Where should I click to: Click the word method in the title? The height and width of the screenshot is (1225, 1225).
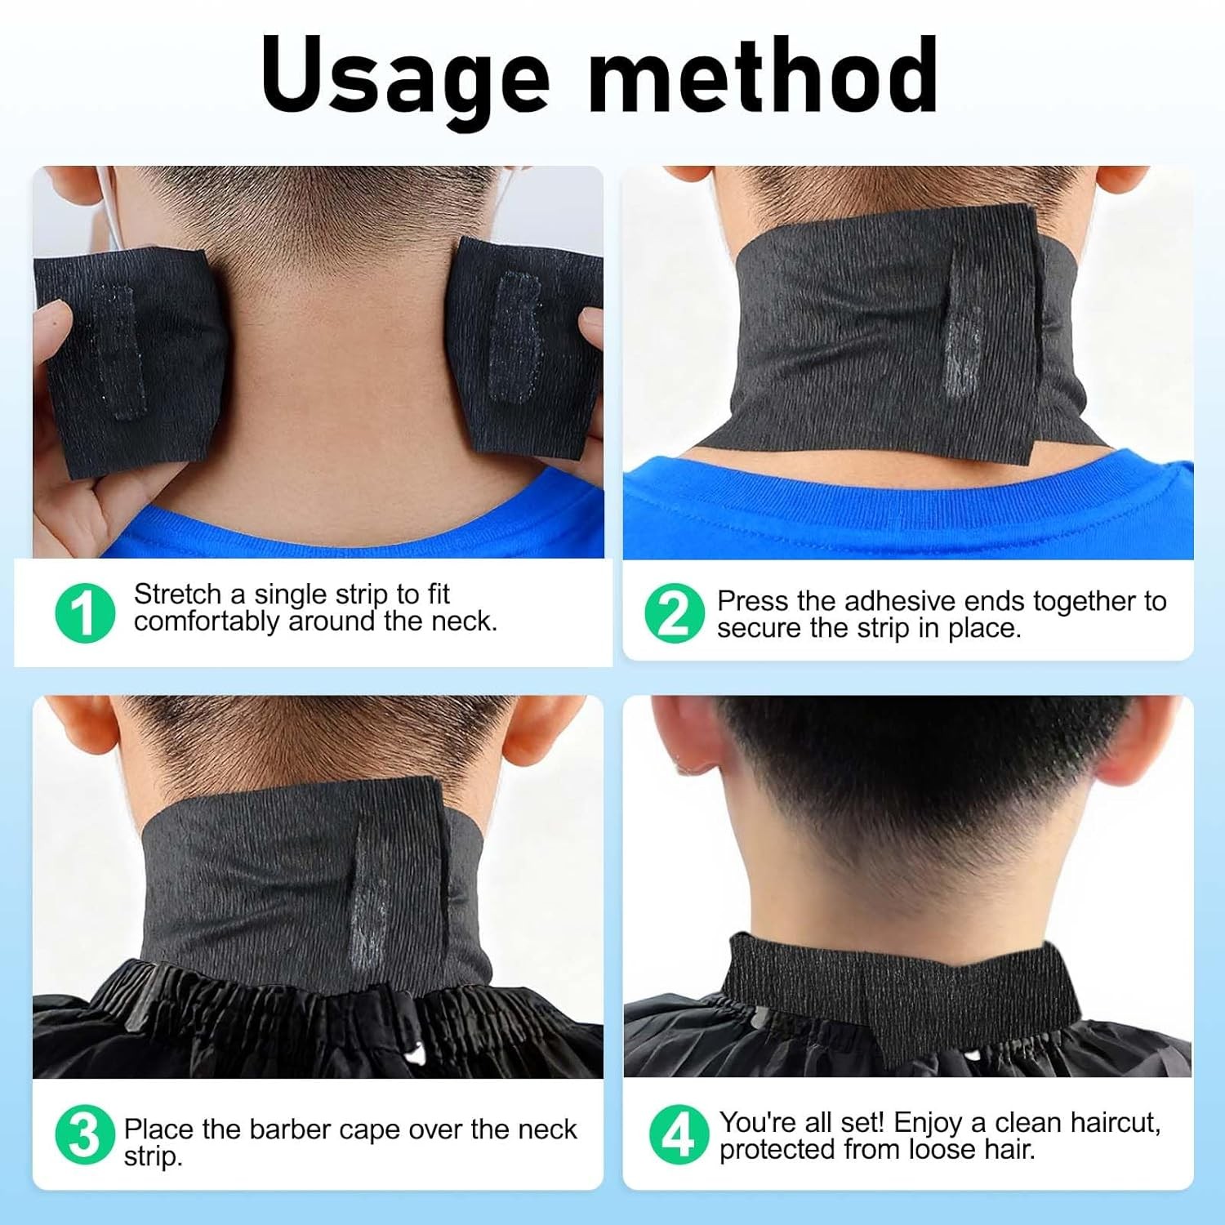coord(763,76)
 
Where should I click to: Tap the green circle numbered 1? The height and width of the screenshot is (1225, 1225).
coord(85,612)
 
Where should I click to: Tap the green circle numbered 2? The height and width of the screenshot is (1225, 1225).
coord(674,613)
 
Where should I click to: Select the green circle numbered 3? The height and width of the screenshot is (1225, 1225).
coord(84,1135)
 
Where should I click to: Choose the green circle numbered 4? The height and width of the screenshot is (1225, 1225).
coord(677,1135)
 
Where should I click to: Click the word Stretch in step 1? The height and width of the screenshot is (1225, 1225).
coord(177,594)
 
